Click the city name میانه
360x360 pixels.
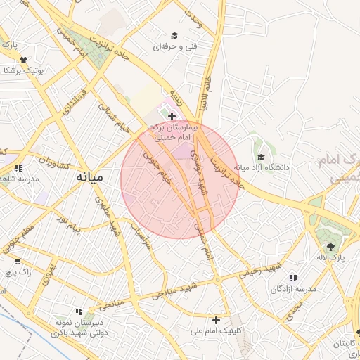click(x=91, y=177)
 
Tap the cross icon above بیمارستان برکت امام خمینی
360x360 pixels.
click(x=172, y=115)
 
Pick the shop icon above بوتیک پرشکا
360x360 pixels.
click(x=24, y=60)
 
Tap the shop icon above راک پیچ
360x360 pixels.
click(x=18, y=261)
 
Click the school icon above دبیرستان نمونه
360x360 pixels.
click(x=79, y=311)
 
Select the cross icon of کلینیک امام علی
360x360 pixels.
click(x=217, y=319)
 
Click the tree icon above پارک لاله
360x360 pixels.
click(x=330, y=246)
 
